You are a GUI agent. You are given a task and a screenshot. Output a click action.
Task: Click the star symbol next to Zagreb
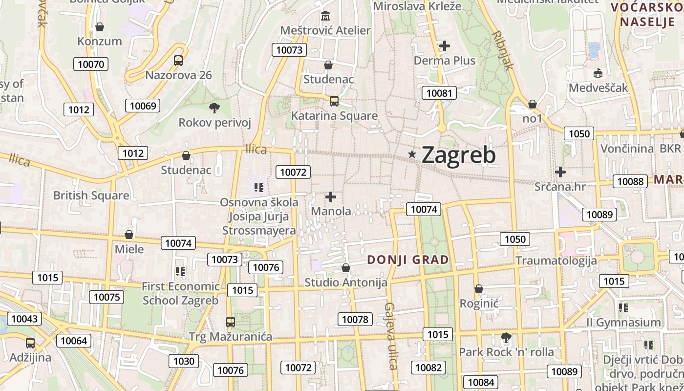(412, 154)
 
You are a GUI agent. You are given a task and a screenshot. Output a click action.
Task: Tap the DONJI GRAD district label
(407, 260)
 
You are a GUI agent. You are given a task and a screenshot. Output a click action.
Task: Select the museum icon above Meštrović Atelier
(325, 16)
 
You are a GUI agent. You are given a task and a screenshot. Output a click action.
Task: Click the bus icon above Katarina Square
(334, 101)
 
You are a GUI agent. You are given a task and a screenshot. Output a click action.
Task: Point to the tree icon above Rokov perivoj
(214, 108)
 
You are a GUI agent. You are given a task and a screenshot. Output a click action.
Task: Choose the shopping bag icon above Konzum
(100, 27)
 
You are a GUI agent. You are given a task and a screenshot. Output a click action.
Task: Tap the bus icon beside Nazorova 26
(178, 61)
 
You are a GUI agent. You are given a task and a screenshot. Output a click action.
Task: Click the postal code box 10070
(91, 64)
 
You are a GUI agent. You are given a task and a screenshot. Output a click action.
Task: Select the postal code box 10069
(143, 106)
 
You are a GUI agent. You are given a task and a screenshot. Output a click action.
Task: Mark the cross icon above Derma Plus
(445, 46)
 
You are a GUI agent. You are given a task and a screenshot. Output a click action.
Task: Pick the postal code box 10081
(439, 93)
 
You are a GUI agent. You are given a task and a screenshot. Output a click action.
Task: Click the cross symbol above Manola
(331, 197)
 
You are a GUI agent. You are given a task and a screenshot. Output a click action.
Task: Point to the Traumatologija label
(556, 260)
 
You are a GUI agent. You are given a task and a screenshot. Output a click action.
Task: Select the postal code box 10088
(630, 181)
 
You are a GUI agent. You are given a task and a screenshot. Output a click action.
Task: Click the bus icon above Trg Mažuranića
(231, 322)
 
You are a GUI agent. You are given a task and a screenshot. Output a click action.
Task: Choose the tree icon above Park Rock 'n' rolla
(506, 337)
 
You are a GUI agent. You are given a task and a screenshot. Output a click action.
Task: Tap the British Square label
(91, 195)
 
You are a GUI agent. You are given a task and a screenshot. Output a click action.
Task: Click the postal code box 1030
(184, 361)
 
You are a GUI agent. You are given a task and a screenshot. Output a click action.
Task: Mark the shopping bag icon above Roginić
(479, 289)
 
